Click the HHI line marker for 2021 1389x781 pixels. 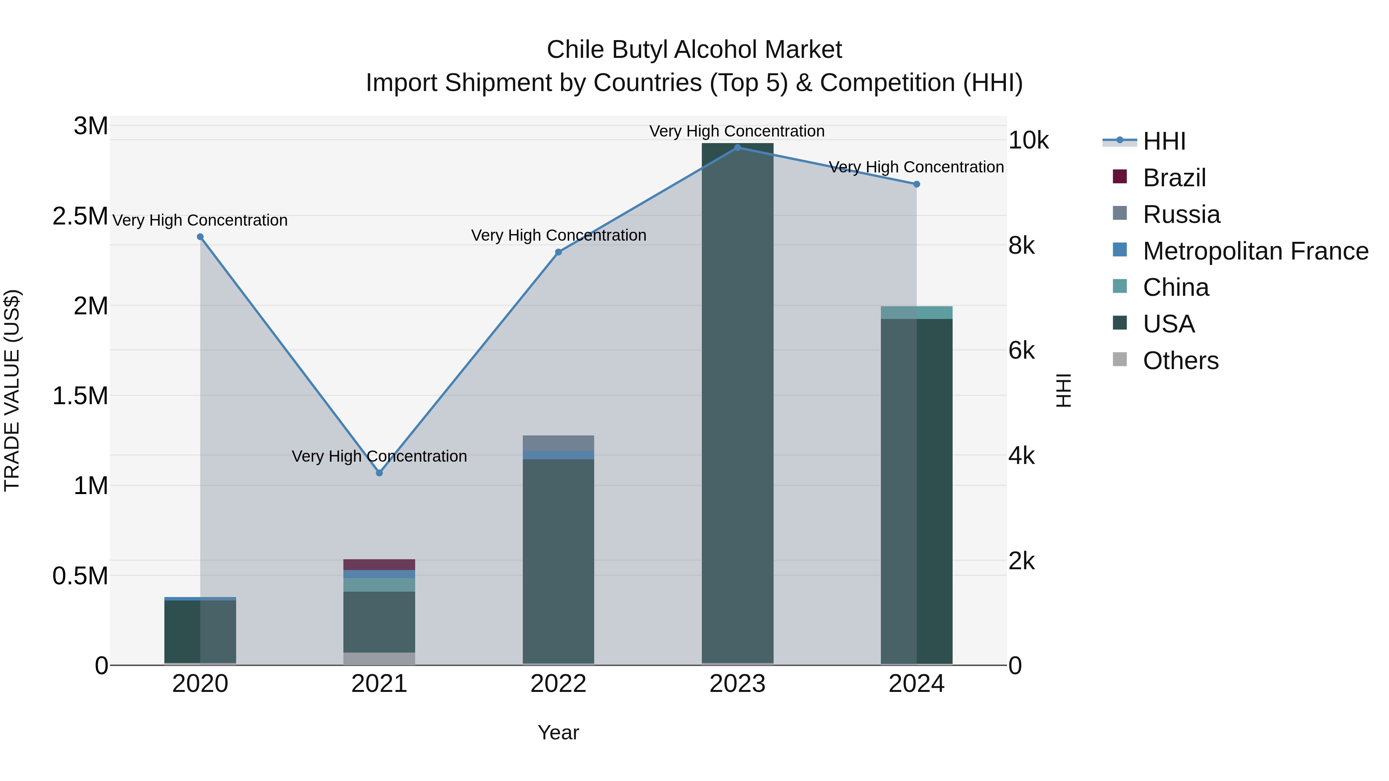point(379,473)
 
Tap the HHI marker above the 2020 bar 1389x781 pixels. point(200,237)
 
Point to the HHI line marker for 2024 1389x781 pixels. point(916,184)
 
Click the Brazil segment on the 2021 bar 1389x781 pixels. point(379,564)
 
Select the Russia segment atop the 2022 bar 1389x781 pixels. point(558,443)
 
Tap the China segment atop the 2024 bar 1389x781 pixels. point(916,313)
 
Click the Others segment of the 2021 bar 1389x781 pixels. point(379,659)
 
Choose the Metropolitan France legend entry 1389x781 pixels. point(1255,251)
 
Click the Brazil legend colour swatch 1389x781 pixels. point(1119,177)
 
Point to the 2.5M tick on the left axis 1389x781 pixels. point(80,216)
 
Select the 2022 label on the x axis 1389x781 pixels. point(558,684)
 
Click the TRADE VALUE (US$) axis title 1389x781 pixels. point(12,390)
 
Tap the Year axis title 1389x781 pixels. point(558,732)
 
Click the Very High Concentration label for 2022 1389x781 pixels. point(558,236)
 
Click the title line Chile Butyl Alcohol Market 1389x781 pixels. point(694,50)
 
